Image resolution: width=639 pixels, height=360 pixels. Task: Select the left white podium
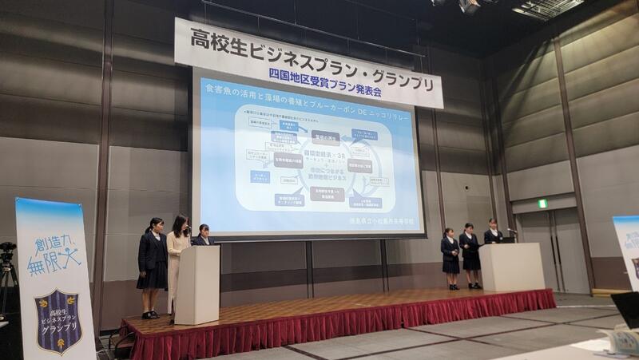tap(196, 283)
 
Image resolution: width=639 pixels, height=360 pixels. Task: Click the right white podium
tap(511, 267)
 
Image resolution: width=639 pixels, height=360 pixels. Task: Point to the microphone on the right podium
tap(512, 232)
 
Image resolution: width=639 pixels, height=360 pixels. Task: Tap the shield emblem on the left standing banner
tap(58, 318)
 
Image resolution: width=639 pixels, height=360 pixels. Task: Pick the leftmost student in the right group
tap(450, 256)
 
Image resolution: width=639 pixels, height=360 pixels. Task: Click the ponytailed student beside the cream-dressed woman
tap(153, 263)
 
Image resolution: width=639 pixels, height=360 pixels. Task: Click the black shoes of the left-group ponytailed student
tap(150, 314)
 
